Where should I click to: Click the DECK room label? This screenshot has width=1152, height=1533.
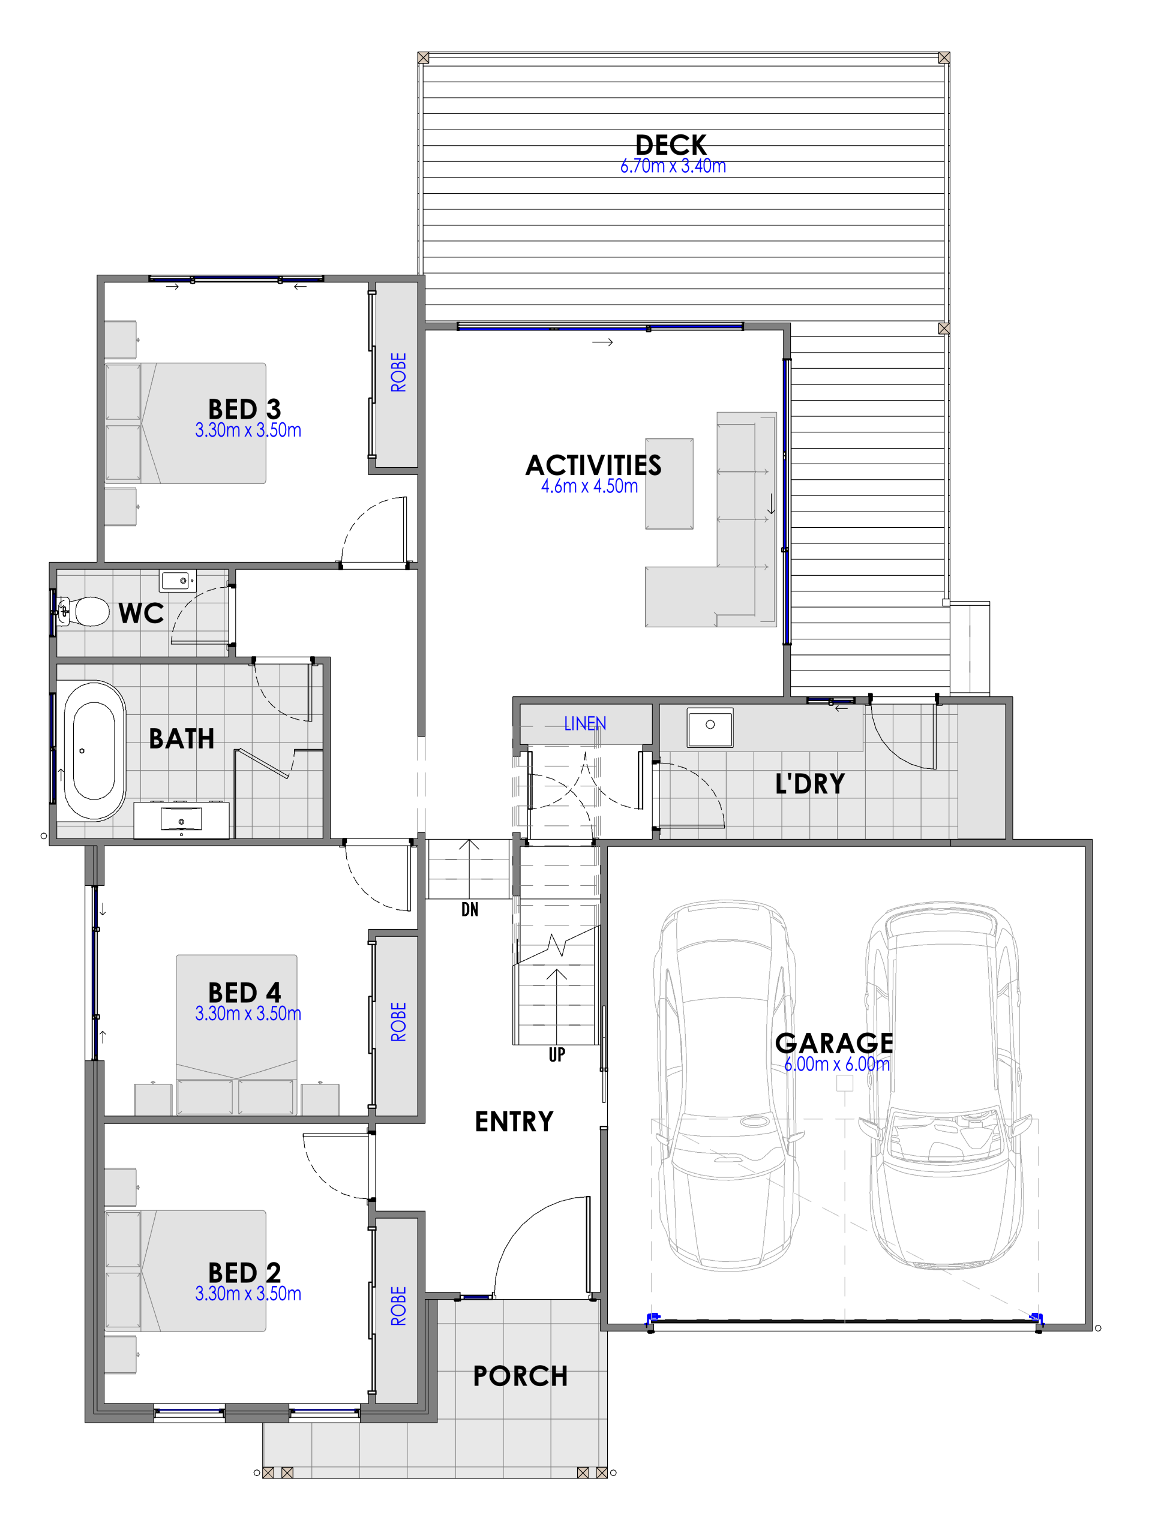point(670,145)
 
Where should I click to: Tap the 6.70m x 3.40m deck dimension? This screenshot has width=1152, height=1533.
point(673,166)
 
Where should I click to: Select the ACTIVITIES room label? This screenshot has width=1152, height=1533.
point(593,465)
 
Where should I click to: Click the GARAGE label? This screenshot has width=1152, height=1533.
point(834,1043)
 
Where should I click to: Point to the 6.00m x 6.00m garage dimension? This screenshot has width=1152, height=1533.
point(836,1064)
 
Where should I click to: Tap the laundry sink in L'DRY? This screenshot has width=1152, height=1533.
point(710,726)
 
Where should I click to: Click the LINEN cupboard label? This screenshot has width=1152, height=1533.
point(584,723)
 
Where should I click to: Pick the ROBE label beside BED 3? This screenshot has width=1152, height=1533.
point(398,372)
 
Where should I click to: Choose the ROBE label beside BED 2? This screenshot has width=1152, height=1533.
point(398,1306)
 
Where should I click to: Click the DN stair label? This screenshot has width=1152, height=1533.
point(469,910)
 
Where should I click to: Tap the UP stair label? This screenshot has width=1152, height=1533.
point(557,1055)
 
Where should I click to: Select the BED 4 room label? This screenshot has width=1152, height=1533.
point(244,993)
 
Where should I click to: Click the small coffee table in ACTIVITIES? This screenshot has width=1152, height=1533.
point(669,484)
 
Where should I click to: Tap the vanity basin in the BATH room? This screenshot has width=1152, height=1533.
point(181,819)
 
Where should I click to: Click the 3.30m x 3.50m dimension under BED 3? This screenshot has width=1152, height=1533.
point(248,431)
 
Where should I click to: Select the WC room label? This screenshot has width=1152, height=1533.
point(141,614)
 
